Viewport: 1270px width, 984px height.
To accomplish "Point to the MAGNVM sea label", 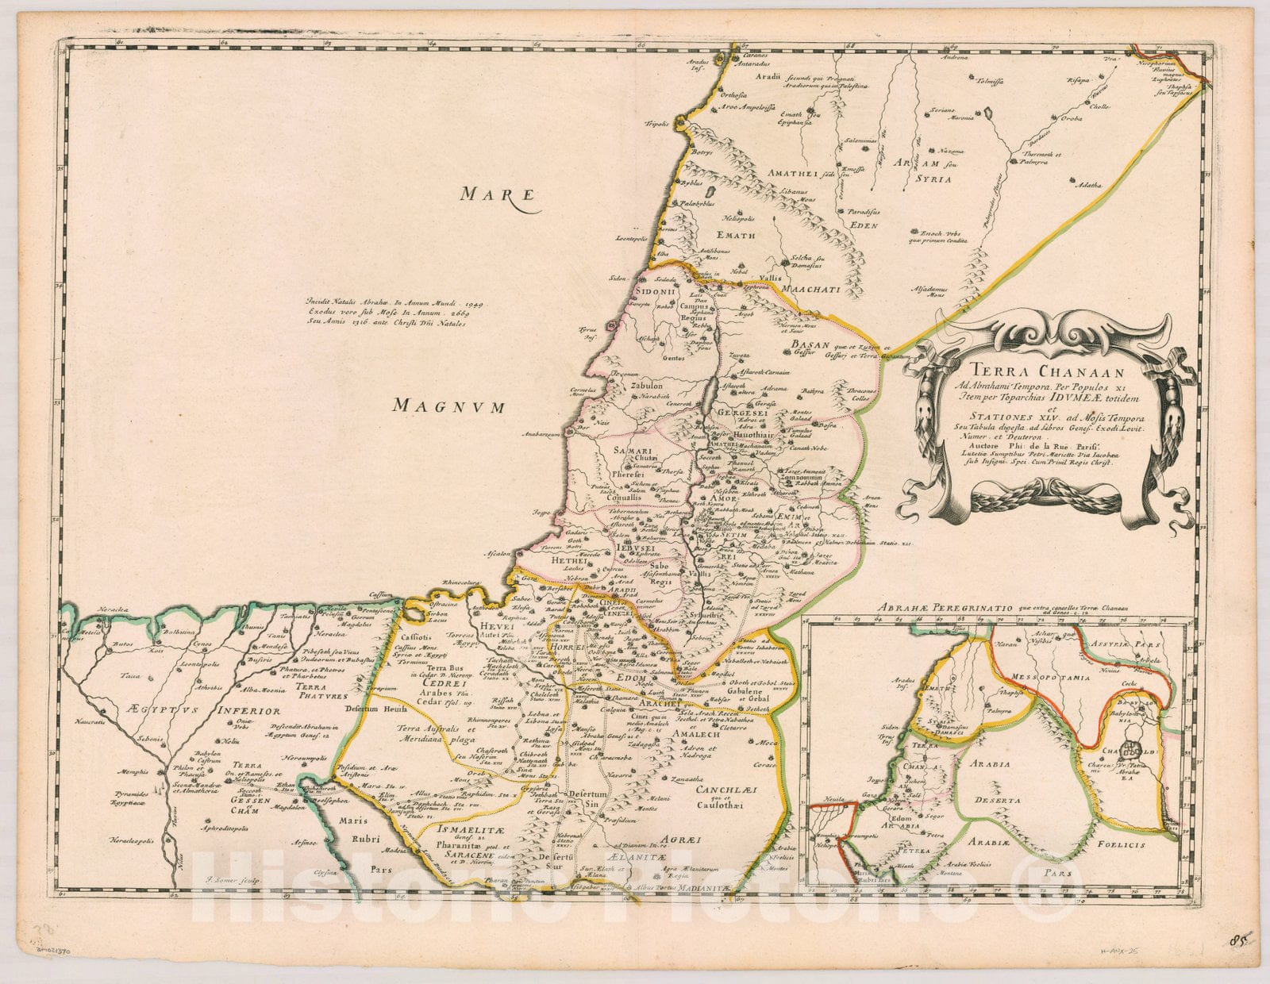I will [449, 407].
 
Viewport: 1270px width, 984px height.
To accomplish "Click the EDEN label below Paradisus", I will [865, 225].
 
